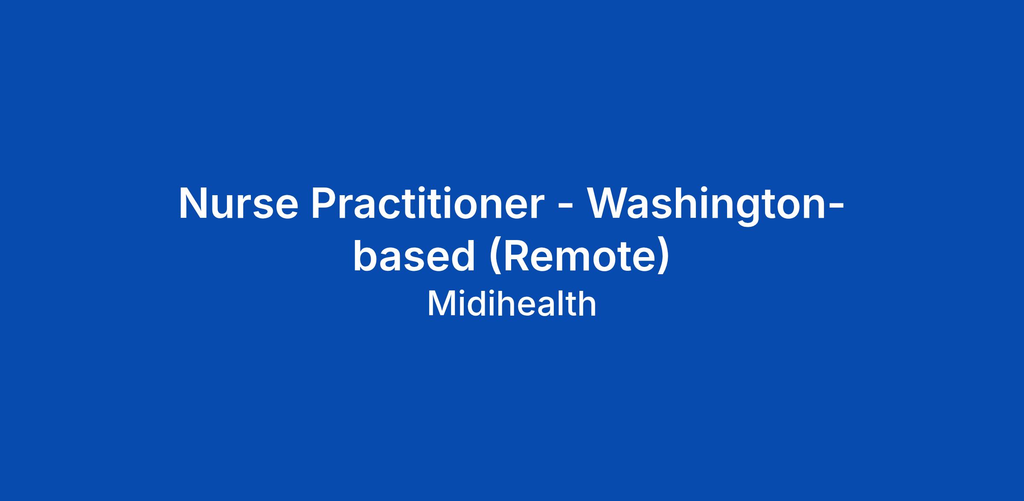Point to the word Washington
[707, 207]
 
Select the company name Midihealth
[512, 304]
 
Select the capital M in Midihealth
[440, 305]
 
